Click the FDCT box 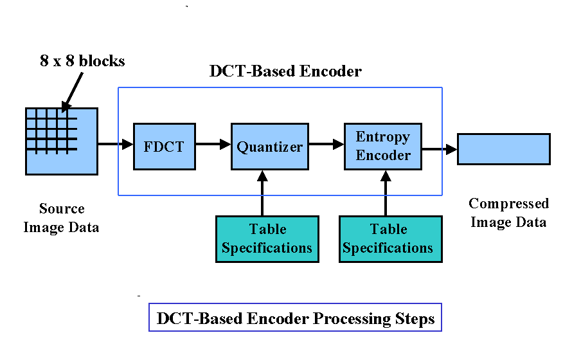[x=164, y=146]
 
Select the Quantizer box [x=269, y=146]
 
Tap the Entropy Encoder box [x=383, y=146]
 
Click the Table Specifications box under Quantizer [x=267, y=239]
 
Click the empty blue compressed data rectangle [x=503, y=148]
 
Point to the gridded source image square [x=61, y=141]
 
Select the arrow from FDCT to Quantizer [x=213, y=145]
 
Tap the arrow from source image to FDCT [x=115, y=145]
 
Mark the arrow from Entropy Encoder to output [x=440, y=149]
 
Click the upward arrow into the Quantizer [x=262, y=193]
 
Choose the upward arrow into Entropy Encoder [x=386, y=193]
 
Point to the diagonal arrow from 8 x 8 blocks [x=74, y=89]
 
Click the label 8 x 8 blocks [x=82, y=62]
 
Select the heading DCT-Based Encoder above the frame [x=285, y=71]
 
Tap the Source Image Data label [x=61, y=218]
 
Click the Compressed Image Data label [x=508, y=213]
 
